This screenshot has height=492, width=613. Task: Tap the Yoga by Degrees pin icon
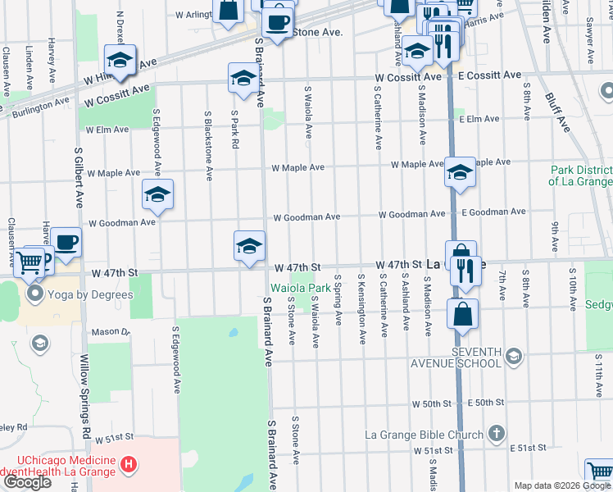pos(35,294)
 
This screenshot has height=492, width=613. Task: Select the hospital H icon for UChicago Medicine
pos(128,465)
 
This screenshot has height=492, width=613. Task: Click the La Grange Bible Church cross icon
pos(496,433)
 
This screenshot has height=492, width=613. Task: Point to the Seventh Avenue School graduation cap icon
pos(513,355)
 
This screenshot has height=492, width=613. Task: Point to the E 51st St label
pos(528,448)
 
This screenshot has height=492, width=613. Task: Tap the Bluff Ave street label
pos(558,112)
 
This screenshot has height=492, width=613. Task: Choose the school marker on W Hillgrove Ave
pos(120,60)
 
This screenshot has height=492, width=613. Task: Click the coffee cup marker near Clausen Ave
pos(66,242)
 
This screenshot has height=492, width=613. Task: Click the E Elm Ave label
pos(479,119)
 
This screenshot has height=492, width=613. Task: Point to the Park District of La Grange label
pos(581,175)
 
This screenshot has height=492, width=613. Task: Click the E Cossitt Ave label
pos(489,75)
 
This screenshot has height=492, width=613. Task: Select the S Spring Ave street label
pos(338,299)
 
